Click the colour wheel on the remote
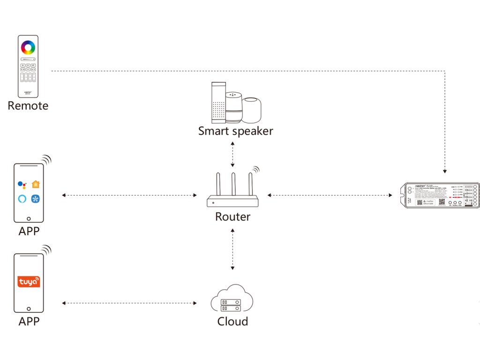(x=28, y=47)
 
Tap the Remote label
(x=28, y=105)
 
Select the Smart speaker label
(x=235, y=131)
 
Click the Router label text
(x=232, y=217)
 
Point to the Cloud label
(x=232, y=321)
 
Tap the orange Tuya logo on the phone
(x=29, y=281)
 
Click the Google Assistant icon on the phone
(x=22, y=184)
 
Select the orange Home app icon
(x=36, y=184)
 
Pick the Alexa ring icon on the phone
(x=22, y=199)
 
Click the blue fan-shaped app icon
(x=36, y=199)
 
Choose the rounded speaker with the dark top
(x=252, y=110)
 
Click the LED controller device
(x=440, y=195)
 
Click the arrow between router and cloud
(x=232, y=249)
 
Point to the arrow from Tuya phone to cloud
(x=129, y=303)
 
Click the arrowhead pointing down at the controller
(x=445, y=171)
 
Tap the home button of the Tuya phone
(x=29, y=309)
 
